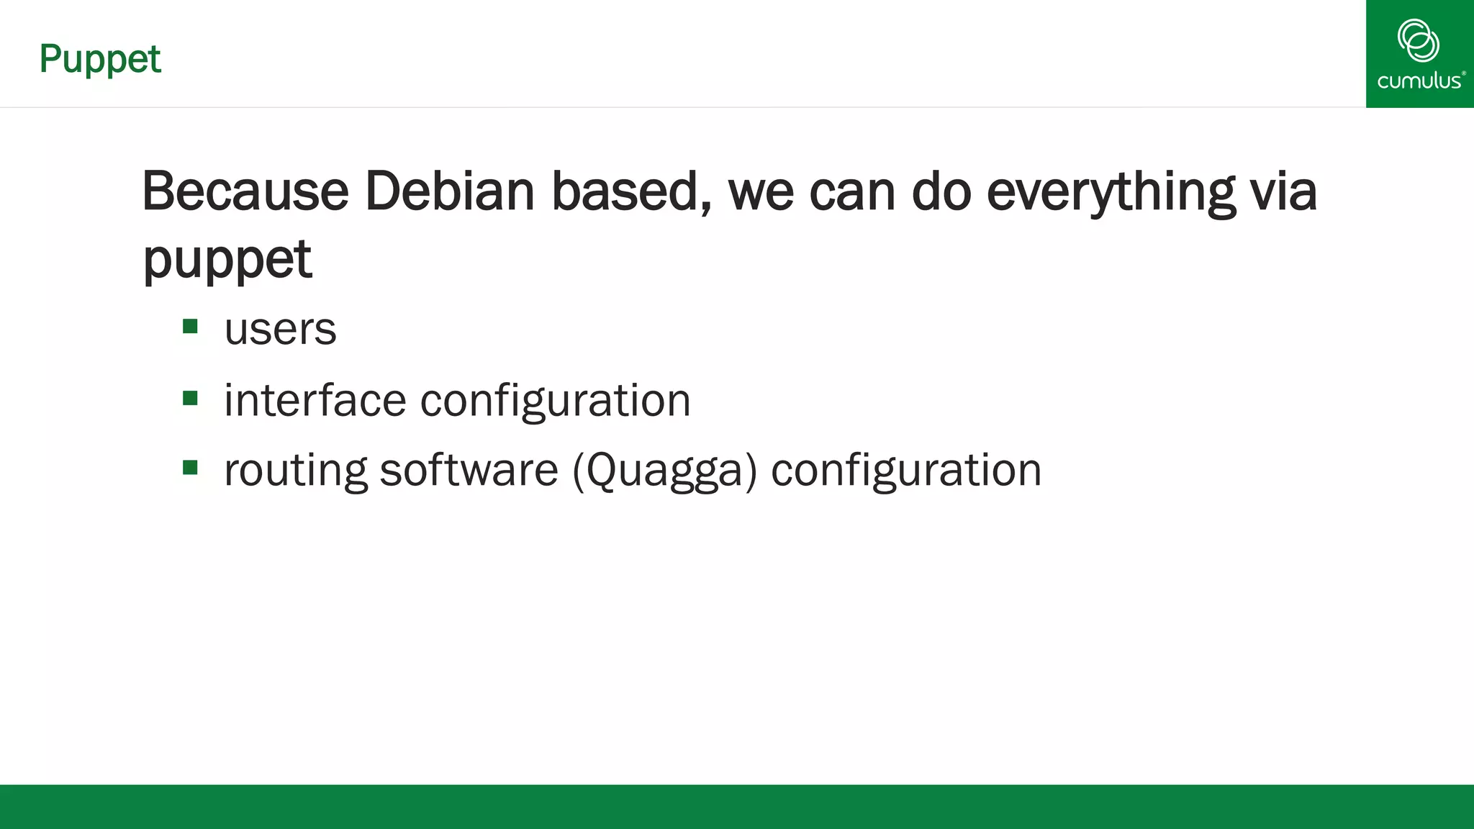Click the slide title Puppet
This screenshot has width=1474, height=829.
pyautogui.click(x=100, y=59)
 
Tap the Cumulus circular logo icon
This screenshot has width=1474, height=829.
pyautogui.click(x=1418, y=40)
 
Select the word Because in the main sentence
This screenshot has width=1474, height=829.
pyautogui.click(x=245, y=191)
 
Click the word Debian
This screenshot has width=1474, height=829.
pyautogui.click(x=450, y=191)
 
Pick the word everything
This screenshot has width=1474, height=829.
pyautogui.click(x=1111, y=191)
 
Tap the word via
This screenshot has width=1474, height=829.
pyautogui.click(x=1283, y=191)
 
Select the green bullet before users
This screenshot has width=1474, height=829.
pyautogui.click(x=190, y=327)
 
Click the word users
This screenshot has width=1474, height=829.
pyautogui.click(x=280, y=330)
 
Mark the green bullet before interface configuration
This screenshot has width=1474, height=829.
pyautogui.click(x=190, y=398)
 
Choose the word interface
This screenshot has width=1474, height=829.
pyautogui.click(x=315, y=400)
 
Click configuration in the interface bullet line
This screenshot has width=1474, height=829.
pyautogui.click(x=555, y=400)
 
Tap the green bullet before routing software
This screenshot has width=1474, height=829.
pyautogui.click(x=190, y=468)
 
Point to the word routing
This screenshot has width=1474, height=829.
pyautogui.click(x=296, y=471)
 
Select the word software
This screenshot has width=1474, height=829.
pyautogui.click(x=469, y=471)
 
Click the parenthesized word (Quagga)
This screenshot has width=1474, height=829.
pyautogui.click(x=665, y=471)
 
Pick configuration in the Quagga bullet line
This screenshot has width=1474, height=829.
pyautogui.click(x=906, y=471)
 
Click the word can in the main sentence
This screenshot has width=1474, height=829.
pyautogui.click(x=852, y=191)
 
